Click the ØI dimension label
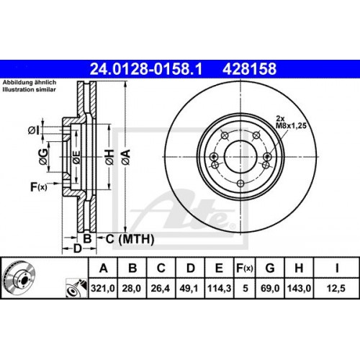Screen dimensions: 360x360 (x=32, y=130)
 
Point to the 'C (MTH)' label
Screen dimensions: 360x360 (x=121, y=238)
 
